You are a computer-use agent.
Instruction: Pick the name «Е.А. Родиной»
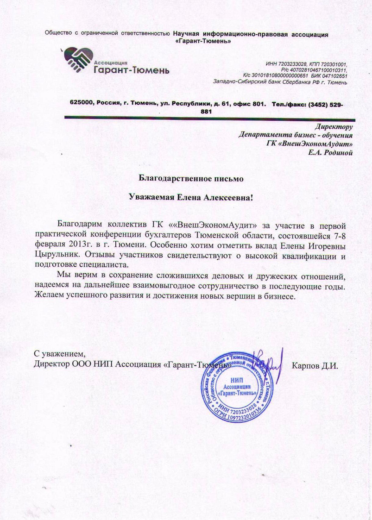[x=327, y=153]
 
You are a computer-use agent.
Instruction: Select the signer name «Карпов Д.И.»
[x=315, y=365]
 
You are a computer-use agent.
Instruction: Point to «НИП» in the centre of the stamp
[x=237, y=379]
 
